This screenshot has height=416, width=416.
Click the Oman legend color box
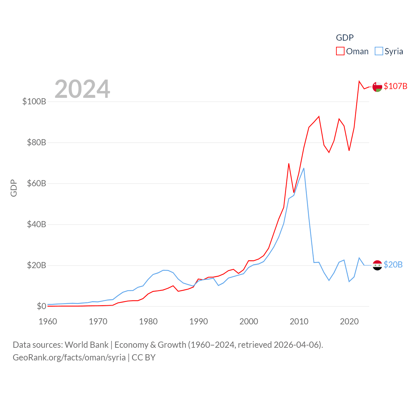[x=340, y=51]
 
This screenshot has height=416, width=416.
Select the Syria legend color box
[x=379, y=51]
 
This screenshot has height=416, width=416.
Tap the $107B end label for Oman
[x=395, y=86]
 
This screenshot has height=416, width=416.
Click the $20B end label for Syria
[x=393, y=265]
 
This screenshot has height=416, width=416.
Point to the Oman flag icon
[x=377, y=87]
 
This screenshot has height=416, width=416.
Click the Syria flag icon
[x=377, y=265]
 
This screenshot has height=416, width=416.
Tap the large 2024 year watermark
[x=82, y=89]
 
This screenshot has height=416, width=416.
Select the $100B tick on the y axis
[x=34, y=101]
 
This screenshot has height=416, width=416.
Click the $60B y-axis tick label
[x=36, y=183]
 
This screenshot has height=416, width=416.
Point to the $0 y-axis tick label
[x=41, y=306]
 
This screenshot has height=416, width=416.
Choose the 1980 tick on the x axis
[x=148, y=321]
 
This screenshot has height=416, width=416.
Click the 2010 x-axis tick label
[x=299, y=321]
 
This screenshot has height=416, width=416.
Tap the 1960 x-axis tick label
[x=48, y=321]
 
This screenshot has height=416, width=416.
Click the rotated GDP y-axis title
[x=14, y=188]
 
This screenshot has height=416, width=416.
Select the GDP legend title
[x=344, y=38]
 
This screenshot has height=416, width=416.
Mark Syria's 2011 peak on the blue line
[x=304, y=168]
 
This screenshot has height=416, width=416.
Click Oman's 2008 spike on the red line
[x=289, y=163]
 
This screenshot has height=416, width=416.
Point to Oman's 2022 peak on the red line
[x=359, y=81]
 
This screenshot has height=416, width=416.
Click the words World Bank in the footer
[x=86, y=345]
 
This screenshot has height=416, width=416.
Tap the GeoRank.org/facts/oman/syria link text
[x=69, y=357]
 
